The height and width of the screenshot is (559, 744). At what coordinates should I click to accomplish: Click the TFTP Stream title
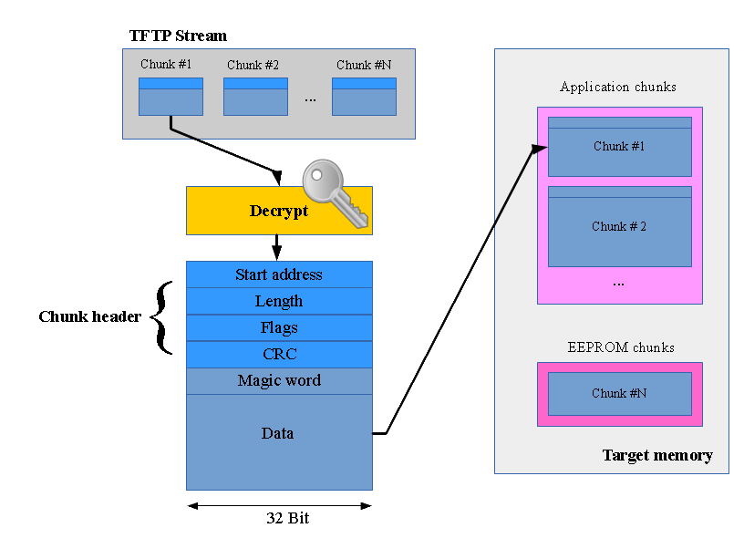178,36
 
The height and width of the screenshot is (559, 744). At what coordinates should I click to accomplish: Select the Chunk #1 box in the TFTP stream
170,97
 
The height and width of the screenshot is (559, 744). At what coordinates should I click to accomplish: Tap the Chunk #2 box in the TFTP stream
255,97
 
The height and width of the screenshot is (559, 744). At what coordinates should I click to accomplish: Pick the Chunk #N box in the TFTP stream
364,97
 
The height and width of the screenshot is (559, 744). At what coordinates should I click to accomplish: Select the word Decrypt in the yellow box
278,212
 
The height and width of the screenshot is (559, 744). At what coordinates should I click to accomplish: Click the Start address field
279,274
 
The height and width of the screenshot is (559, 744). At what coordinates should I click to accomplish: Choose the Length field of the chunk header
279,301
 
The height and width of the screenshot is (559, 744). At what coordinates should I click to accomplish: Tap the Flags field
279,327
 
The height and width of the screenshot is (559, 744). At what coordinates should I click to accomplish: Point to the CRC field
279,354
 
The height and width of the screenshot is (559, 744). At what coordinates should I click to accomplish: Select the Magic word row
279,380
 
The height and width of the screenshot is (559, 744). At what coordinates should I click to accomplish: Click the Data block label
278,434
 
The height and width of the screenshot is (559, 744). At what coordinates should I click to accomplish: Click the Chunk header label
89,317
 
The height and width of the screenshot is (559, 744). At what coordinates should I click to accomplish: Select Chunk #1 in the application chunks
619,147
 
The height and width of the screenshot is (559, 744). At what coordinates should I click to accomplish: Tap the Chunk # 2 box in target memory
619,226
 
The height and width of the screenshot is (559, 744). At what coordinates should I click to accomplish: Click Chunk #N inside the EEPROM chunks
619,394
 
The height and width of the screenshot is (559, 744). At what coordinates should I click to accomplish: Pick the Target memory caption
657,455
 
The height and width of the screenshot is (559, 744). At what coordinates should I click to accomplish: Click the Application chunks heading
618,88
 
